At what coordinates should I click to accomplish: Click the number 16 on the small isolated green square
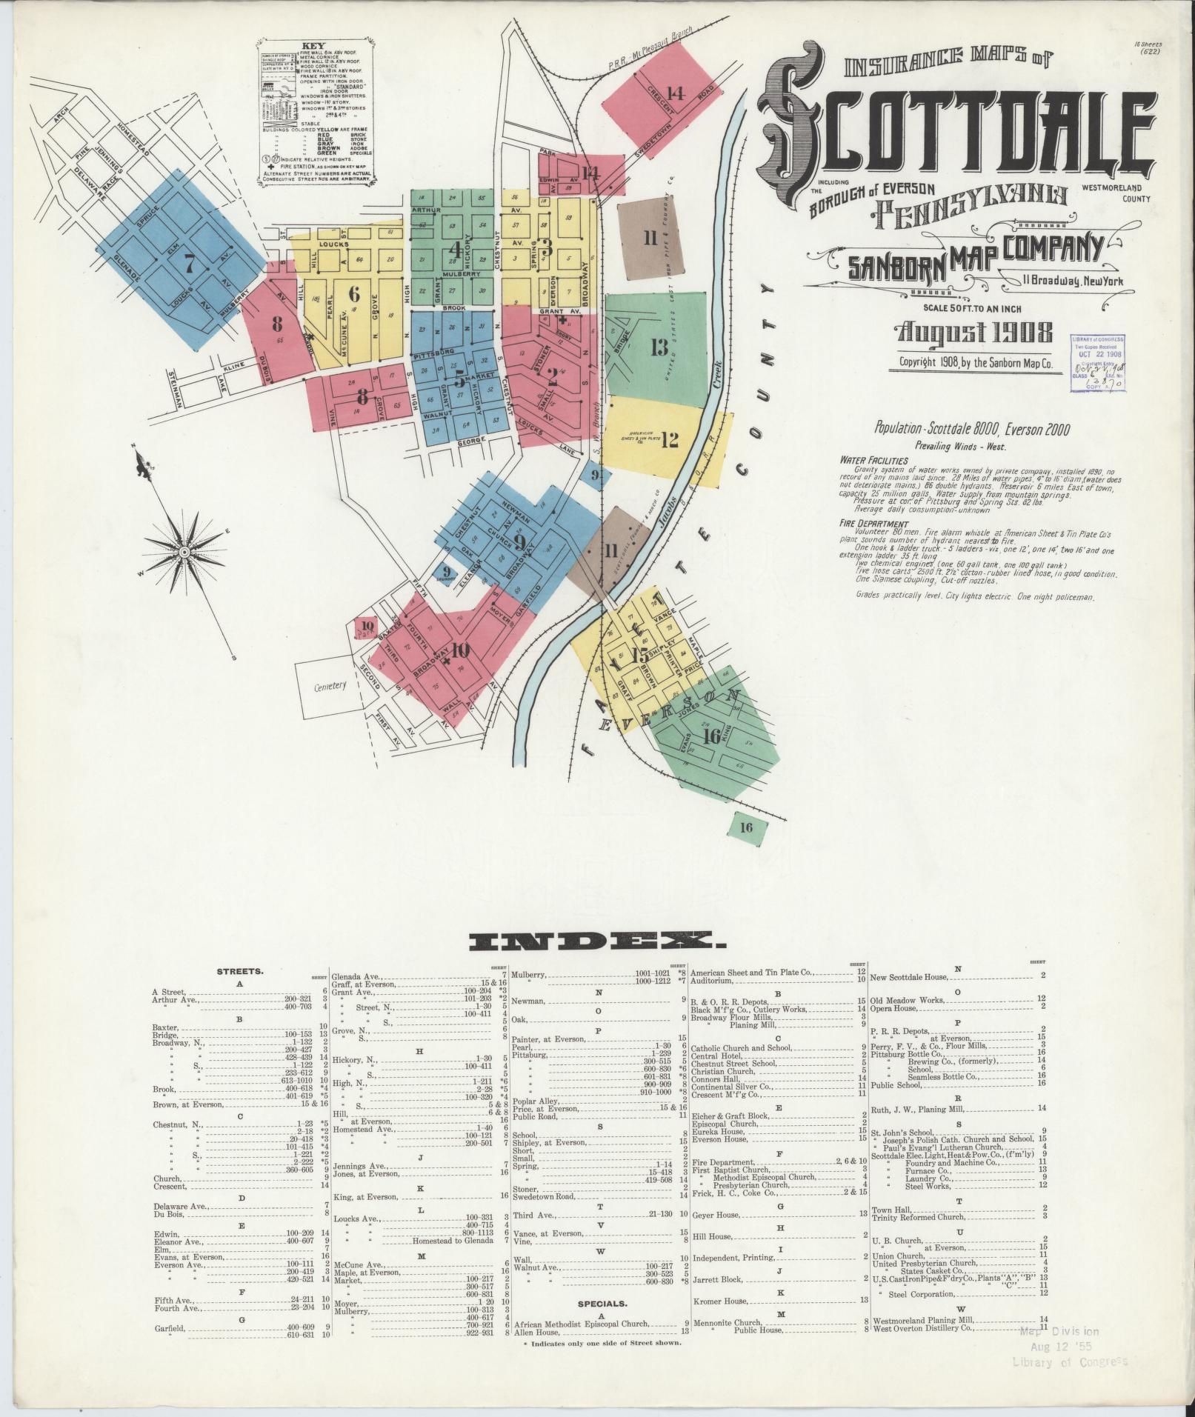pos(745,827)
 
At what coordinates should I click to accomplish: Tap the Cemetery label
pos(330,686)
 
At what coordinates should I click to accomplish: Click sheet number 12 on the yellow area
pos(669,440)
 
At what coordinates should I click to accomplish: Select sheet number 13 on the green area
pos(659,347)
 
